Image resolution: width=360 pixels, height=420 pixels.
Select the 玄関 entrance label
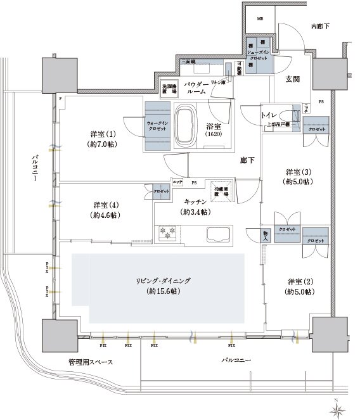point(293,79)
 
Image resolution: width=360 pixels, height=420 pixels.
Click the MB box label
point(259,20)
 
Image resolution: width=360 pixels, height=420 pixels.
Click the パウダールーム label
point(196,88)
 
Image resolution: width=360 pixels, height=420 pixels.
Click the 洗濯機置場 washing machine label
point(169,88)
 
